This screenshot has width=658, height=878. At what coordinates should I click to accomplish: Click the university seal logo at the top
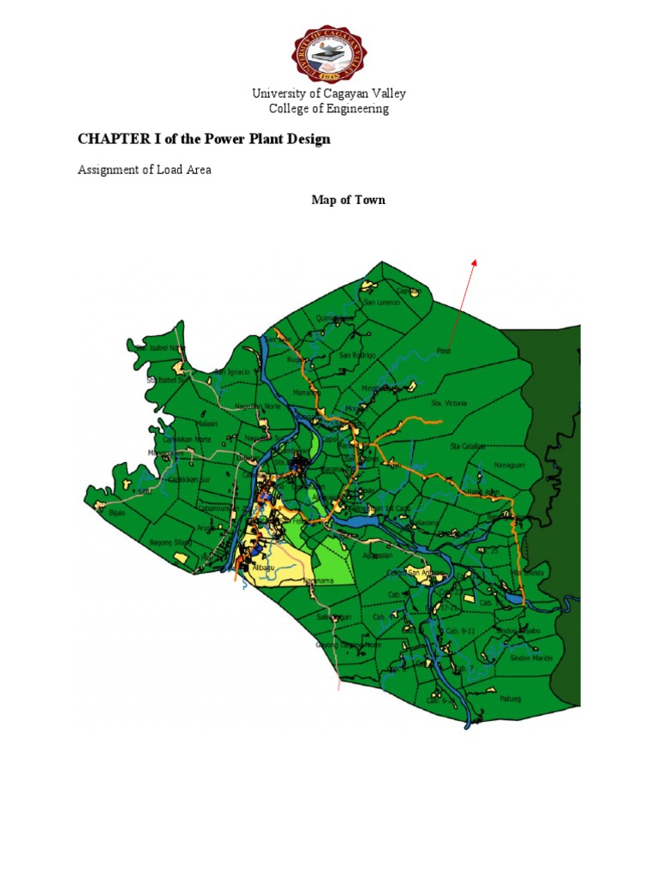coord(329,53)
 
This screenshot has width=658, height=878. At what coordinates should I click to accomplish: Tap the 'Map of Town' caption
coord(347,200)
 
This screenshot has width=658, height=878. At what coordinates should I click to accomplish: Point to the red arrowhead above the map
coord(473,262)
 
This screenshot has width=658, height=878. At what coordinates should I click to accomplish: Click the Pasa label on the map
coord(443,350)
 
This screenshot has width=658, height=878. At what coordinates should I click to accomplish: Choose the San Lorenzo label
coord(381,303)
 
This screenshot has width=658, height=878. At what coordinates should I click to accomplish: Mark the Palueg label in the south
coord(509,696)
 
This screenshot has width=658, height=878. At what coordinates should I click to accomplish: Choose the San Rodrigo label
coord(357,355)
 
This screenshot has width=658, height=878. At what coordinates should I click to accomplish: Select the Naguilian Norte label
coord(257,406)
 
